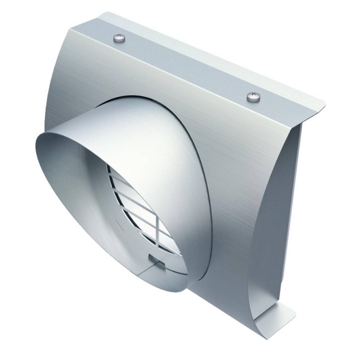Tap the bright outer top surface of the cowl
[x=119, y=122]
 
